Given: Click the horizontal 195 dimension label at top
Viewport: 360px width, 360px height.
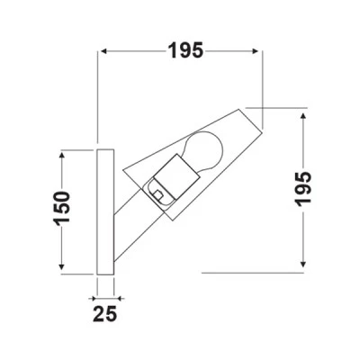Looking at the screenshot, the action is (185, 50).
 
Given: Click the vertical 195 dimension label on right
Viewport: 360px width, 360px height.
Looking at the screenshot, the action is (303, 190).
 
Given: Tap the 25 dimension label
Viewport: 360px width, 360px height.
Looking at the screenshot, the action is (104, 314).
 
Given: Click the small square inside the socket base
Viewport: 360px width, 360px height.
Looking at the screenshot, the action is (158, 194).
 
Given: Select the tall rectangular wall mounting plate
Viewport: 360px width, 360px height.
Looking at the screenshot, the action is (105, 211).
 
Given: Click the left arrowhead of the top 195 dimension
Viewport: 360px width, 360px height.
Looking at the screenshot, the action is (103, 51).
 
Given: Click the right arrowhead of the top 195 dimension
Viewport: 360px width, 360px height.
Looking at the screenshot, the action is (256, 51).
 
